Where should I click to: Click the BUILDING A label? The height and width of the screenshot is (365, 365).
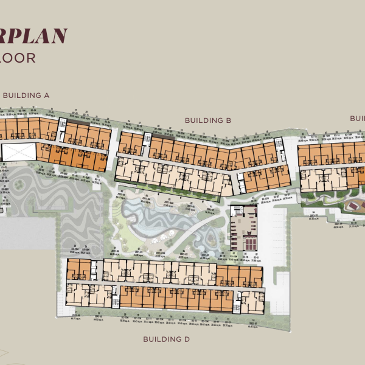coord(26,95)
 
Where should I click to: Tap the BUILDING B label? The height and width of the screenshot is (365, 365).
coord(208,120)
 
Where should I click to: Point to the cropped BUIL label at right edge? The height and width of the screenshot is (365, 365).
coord(356,118)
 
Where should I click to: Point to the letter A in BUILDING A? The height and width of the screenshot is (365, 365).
coord(46,95)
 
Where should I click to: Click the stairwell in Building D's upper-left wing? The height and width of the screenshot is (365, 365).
coord(96,266)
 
